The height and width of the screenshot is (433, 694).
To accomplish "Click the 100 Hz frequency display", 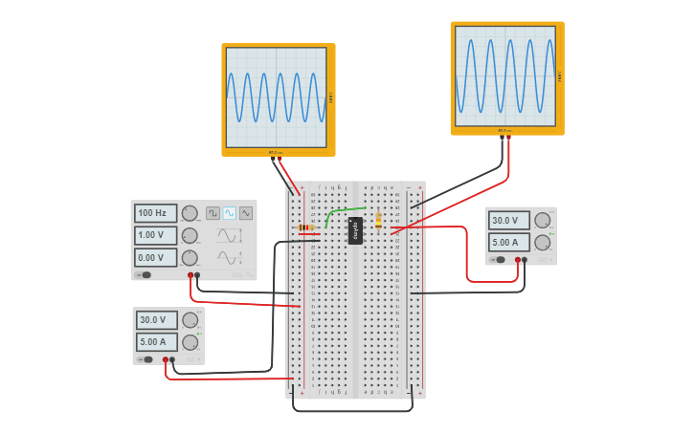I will tap(155, 213).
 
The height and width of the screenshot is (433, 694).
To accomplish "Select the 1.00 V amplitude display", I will tap(155, 235).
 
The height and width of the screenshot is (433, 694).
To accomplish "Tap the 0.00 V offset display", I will tap(155, 257).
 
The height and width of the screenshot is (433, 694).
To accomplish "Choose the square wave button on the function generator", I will tap(213, 213).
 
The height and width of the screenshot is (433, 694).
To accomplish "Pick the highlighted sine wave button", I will tap(230, 213).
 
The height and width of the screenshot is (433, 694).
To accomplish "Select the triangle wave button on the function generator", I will tap(246, 213).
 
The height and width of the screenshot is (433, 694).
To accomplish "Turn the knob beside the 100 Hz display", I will tap(190, 213).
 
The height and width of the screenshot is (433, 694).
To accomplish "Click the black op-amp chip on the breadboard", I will tap(355, 230).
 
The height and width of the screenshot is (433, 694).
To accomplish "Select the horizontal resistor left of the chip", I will tap(307, 228).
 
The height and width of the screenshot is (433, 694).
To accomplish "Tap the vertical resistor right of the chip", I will tap(378, 220).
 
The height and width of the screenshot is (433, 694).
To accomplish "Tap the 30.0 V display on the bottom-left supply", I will tap(156, 320).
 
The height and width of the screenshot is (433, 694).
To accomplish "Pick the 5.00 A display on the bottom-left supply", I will tap(156, 341).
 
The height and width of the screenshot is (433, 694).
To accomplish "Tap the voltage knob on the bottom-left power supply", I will tap(190, 320).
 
